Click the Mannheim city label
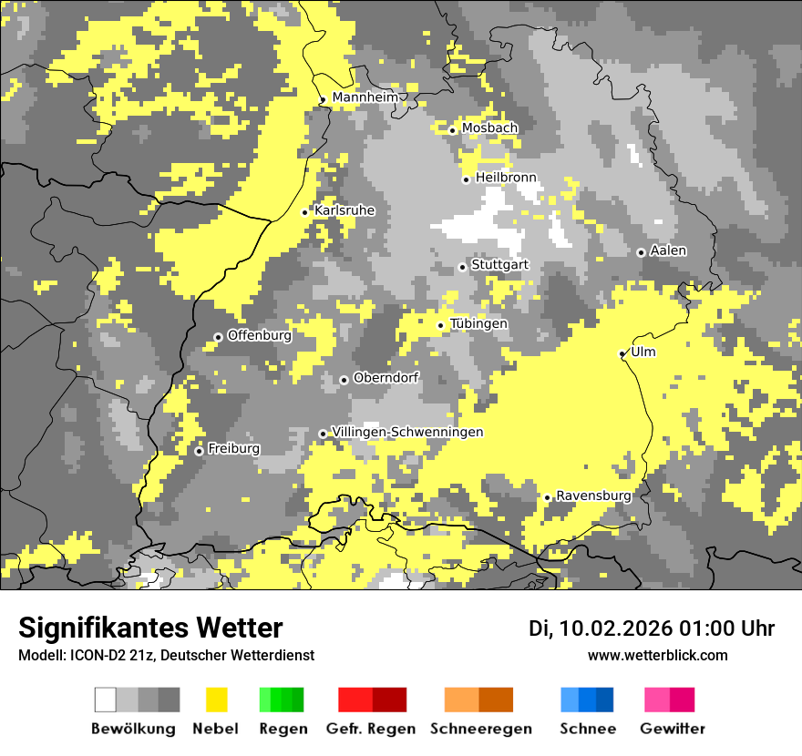[365, 97]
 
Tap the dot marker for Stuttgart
[462, 267]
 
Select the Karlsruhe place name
[344, 210]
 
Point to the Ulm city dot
[622, 353]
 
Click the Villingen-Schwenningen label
[407, 432]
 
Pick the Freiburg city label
[233, 449]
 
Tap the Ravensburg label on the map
[593, 495]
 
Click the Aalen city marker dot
[641, 252]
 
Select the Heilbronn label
[506, 178]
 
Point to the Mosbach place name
[489, 128]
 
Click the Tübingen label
[478, 324]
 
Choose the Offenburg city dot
[218, 337]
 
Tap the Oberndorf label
[386, 378]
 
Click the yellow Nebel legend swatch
[216, 700]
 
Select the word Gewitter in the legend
[673, 729]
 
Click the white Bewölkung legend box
[106, 700]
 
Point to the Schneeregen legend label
[480, 729]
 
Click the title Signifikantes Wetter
[150, 628]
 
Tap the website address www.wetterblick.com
[657, 656]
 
